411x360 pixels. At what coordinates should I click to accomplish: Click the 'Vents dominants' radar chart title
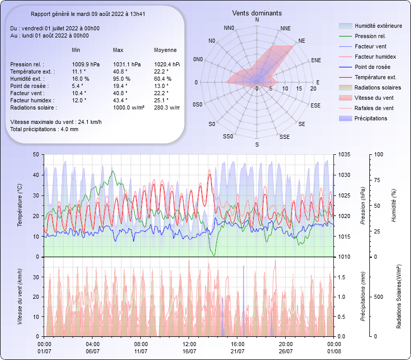(x=257, y=13)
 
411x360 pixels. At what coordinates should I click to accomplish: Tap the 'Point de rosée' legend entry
(x=372, y=67)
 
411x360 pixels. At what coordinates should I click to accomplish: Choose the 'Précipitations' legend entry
(x=371, y=118)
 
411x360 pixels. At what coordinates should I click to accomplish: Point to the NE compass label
(x=302, y=40)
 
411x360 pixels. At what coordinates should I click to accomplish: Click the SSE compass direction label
(x=284, y=137)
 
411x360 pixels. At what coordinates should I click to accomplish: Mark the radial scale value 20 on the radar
(x=313, y=88)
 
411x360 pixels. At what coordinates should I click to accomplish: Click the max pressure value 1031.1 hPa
(x=127, y=64)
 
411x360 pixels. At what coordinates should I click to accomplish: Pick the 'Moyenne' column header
(x=165, y=50)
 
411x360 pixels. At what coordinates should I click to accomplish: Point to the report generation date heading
(x=87, y=14)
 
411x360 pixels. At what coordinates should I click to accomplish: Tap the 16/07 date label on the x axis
(x=190, y=351)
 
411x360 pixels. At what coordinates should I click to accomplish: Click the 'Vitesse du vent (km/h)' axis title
(x=20, y=296)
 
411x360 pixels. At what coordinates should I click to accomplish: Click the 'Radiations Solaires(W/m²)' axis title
(x=399, y=297)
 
